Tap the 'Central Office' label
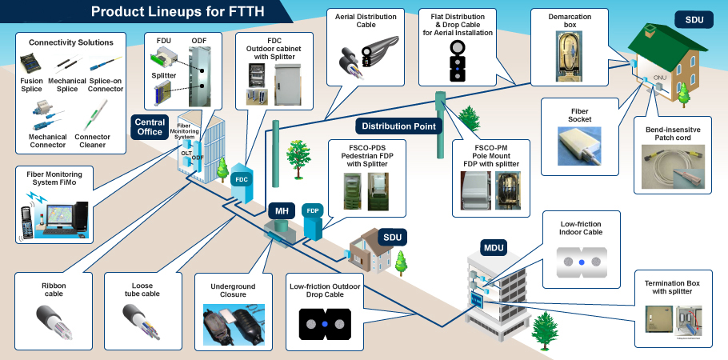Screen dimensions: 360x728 click(150, 126)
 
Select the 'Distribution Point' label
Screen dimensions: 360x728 click(398, 126)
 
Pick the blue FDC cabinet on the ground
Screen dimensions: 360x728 click(242, 179)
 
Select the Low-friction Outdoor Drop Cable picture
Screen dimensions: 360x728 click(324, 324)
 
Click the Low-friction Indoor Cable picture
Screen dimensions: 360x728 click(581, 261)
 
